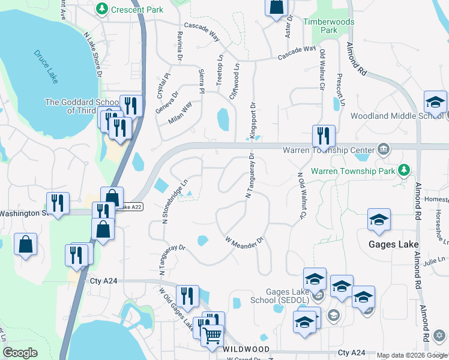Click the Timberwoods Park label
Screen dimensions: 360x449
(328, 26)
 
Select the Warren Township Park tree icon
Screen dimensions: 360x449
(405, 170)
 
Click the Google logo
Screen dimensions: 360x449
(20, 353)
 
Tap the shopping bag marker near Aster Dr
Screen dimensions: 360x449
(276, 7)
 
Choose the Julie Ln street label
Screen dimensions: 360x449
(434, 260)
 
